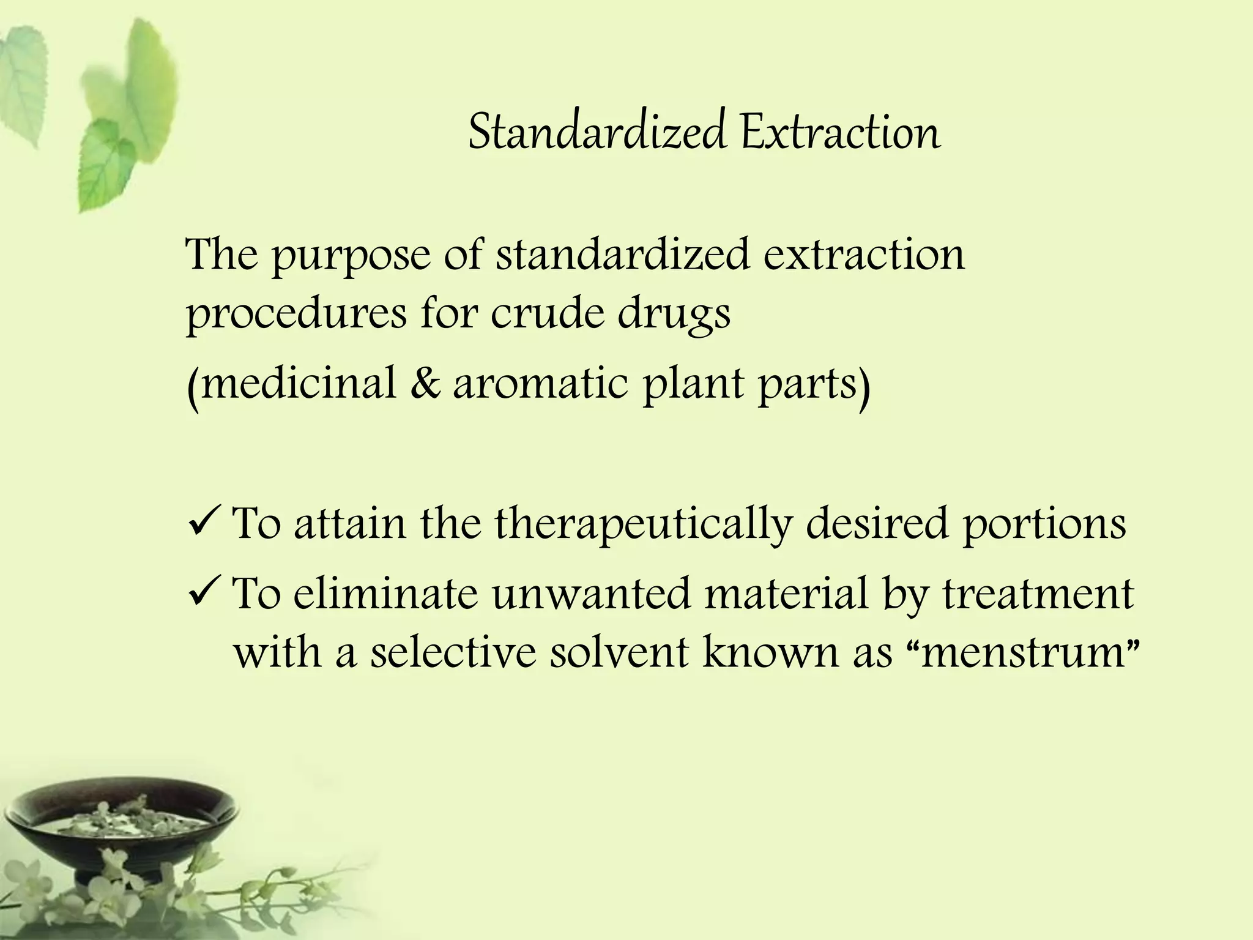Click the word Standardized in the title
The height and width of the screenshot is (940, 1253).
click(597, 132)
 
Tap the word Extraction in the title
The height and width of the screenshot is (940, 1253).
click(840, 132)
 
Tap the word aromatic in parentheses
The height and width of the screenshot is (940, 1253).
click(540, 384)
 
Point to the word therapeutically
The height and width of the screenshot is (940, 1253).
click(642, 524)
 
